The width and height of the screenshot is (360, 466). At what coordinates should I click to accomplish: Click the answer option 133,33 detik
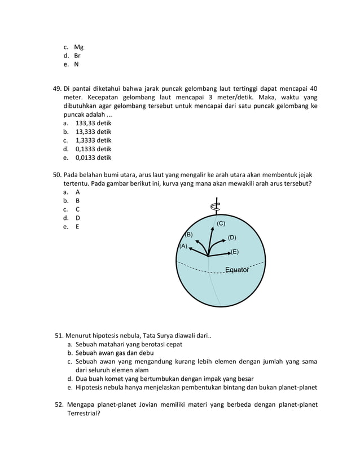pos(93,122)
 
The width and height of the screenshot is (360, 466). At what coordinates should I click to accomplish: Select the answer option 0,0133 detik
pos(93,158)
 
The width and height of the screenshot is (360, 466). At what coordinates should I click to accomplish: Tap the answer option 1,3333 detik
pos(93,140)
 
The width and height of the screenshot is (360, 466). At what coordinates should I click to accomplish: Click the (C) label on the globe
pos(221,224)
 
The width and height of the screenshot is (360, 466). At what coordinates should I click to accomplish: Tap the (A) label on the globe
pos(183,246)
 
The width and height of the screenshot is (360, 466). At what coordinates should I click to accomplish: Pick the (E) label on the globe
pos(235,252)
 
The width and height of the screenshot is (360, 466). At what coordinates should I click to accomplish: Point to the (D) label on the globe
pos(232,238)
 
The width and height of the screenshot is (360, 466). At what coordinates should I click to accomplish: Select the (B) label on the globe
pos(189,234)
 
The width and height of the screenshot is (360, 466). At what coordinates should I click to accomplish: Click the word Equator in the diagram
pos(237,270)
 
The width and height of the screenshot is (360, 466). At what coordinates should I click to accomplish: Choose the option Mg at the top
pos(78,47)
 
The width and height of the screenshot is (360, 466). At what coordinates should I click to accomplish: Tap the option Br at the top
pos(77,56)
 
